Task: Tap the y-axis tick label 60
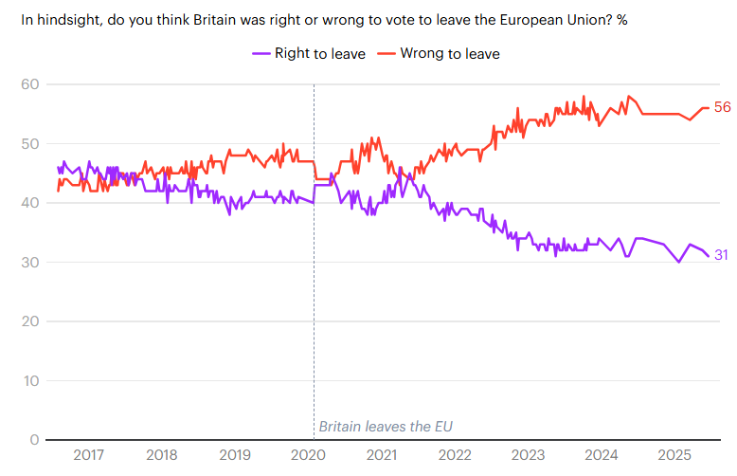point(29,84)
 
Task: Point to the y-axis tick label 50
point(29,144)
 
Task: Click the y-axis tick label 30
point(29,263)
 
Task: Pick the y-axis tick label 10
point(29,381)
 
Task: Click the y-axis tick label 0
point(33,440)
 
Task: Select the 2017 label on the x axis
point(88,455)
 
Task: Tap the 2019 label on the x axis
point(235,455)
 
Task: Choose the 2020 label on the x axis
point(308,455)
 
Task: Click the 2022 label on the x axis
point(455,455)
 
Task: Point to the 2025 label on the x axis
point(674,455)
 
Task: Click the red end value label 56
point(723,108)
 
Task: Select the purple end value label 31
point(721,255)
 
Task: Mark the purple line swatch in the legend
point(261,54)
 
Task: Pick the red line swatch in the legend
point(386,54)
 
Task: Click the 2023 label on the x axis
point(528,455)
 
